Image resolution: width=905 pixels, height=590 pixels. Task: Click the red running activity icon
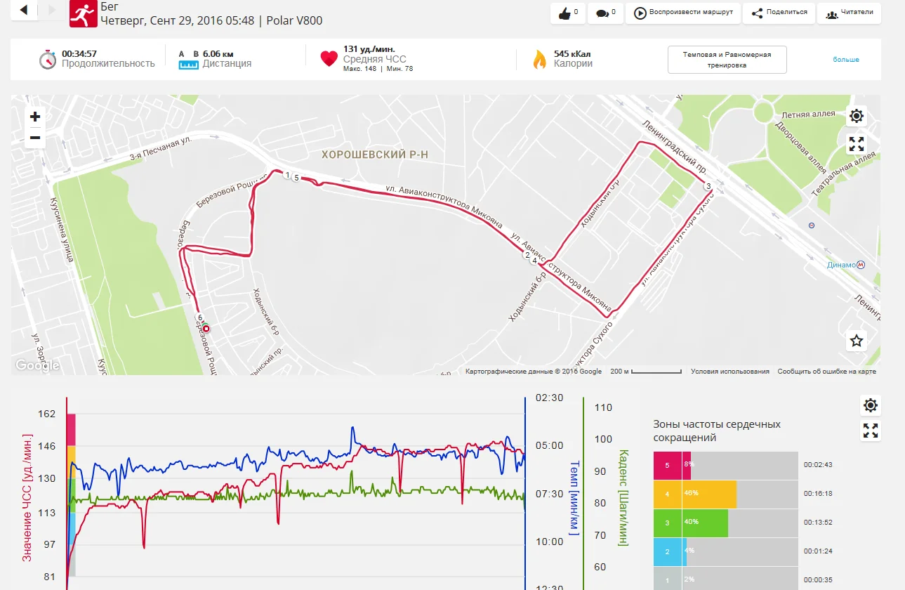click(x=84, y=13)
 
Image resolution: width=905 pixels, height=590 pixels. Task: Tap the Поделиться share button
click(x=779, y=13)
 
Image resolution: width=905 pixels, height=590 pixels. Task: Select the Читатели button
click(x=849, y=13)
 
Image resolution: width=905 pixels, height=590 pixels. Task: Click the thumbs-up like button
click(x=568, y=13)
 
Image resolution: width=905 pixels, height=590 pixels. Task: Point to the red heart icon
click(x=329, y=59)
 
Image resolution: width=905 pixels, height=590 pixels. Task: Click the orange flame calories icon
click(x=539, y=59)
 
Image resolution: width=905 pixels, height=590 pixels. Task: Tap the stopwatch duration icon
click(x=47, y=59)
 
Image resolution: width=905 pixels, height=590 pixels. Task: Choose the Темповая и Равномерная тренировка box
click(x=727, y=60)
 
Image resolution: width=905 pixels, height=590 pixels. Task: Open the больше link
click(x=846, y=60)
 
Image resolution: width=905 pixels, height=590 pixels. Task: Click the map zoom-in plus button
click(x=35, y=117)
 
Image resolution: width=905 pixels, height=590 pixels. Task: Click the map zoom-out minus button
click(x=35, y=138)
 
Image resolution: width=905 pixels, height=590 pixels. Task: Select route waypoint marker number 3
click(x=708, y=186)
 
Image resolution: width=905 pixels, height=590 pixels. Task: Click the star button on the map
click(x=857, y=341)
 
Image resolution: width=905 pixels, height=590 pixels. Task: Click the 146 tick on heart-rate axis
click(x=47, y=446)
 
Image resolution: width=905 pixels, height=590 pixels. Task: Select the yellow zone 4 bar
click(x=708, y=494)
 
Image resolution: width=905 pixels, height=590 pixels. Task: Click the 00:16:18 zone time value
click(x=819, y=494)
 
